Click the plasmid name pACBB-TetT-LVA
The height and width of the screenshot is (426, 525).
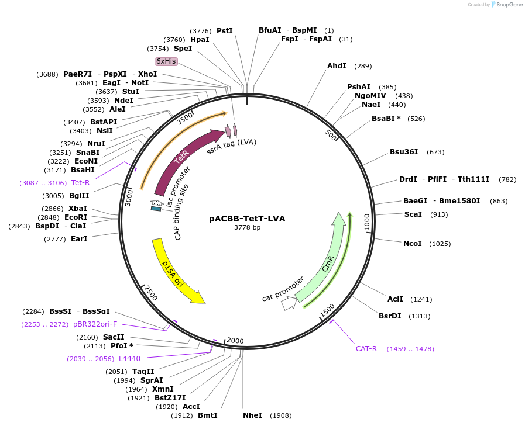[247, 219]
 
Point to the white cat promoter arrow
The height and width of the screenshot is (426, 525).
[289, 303]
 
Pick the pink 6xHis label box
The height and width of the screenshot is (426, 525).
[166, 61]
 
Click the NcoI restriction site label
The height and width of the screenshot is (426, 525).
[412, 243]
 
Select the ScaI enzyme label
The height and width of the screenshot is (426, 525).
[413, 214]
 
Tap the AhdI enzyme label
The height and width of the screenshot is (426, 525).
[337, 66]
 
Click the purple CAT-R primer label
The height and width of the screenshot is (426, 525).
[366, 349]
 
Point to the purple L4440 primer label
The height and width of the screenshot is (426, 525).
[129, 359]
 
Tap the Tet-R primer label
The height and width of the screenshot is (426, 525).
[81, 183]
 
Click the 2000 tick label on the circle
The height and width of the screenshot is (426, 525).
[235, 341]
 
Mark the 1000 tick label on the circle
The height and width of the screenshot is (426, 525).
[367, 222]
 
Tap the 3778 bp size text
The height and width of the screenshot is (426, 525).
[247, 227]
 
